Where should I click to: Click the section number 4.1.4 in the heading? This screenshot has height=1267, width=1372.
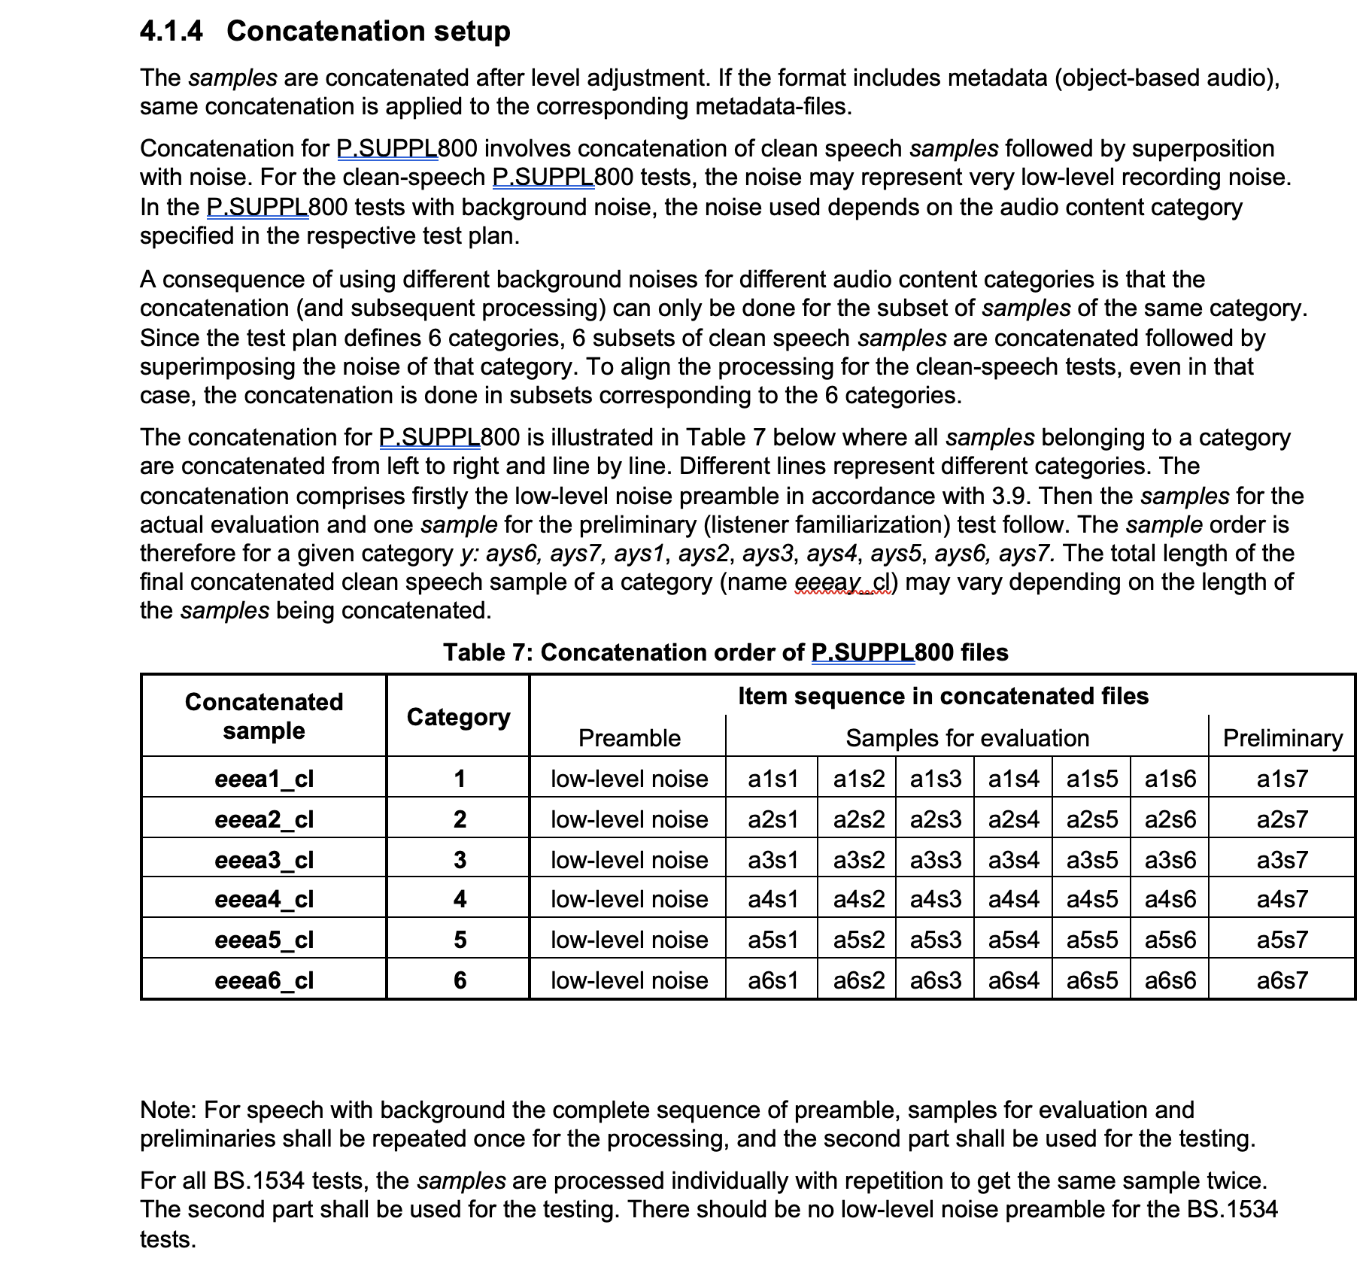pos(171,31)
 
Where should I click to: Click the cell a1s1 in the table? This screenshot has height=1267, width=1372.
pos(773,779)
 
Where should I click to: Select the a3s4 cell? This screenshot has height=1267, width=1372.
pos(1014,860)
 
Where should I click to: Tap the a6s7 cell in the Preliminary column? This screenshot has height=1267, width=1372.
pos(1282,980)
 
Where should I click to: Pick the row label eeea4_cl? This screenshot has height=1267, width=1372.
pos(264,900)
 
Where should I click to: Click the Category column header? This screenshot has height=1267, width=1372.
pos(458,717)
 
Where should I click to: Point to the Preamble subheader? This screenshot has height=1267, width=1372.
pos(629,738)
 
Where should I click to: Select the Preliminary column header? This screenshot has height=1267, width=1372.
pos(1282,738)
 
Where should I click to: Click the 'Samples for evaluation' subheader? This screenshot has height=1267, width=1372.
pos(967,738)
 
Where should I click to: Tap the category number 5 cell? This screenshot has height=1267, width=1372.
pos(460,940)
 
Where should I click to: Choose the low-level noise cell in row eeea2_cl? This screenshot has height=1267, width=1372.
pos(629,819)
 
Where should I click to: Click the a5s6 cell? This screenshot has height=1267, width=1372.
pos(1170,940)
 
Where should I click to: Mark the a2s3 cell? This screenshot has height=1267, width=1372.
pos(935,819)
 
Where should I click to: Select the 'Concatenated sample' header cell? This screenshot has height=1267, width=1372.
pos(264,716)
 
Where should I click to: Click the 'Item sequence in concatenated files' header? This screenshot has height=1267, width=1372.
pos(943,696)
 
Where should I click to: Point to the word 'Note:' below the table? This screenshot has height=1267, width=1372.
pos(168,1110)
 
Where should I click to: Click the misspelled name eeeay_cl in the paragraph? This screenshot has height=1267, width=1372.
pos(842,582)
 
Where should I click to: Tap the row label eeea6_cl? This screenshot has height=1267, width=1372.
pos(264,980)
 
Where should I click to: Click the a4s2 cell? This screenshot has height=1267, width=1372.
pos(858,900)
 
